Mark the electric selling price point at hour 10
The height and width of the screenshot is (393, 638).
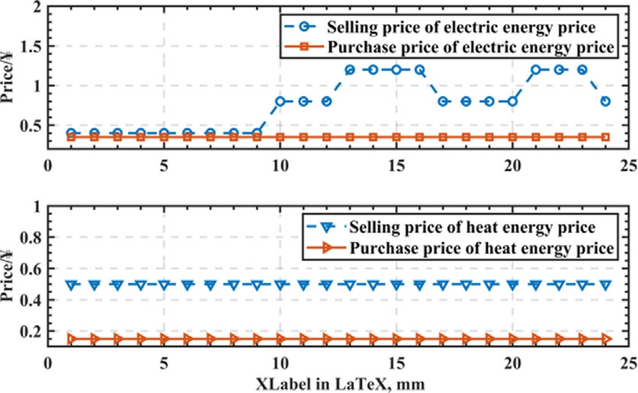click(x=281, y=101)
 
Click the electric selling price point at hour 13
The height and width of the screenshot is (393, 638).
click(x=350, y=69)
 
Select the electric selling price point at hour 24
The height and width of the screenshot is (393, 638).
click(x=605, y=101)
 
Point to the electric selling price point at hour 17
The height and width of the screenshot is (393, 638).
click(x=443, y=101)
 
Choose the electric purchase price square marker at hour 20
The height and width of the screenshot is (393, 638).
click(x=512, y=137)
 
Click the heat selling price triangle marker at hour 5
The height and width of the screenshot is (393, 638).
click(x=164, y=285)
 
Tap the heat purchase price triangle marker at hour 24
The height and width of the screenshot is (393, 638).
click(x=605, y=338)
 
